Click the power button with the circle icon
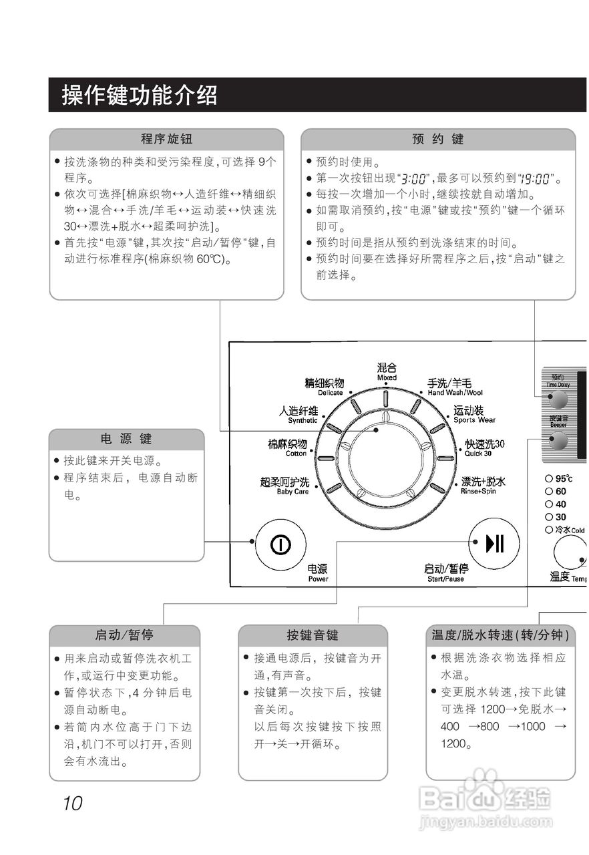[280, 544]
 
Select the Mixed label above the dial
[387, 371]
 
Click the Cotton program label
[288, 448]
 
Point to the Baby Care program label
[285, 486]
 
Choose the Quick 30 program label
[485, 448]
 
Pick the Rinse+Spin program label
[483, 486]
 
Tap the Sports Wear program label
[474, 415]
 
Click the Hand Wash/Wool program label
[455, 387]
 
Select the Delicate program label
[325, 387]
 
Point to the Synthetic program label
[299, 415]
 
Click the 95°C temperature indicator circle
[548, 478]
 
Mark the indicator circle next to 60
[548, 491]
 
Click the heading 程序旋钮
[166, 139]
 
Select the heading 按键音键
[313, 635]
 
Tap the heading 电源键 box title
[126, 439]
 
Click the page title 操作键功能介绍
[140, 96]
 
